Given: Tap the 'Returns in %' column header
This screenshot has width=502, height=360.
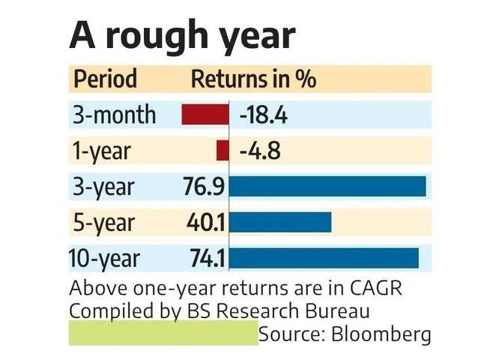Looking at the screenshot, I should [x=253, y=79].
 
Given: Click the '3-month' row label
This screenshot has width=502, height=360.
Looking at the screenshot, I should [x=115, y=115].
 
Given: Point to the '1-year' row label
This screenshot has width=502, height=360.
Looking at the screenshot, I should [x=101, y=151].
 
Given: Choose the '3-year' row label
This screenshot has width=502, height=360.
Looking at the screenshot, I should [x=103, y=187].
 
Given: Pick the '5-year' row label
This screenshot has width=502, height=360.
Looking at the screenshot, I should [x=103, y=222].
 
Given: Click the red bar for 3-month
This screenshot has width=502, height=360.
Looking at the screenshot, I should [x=205, y=115].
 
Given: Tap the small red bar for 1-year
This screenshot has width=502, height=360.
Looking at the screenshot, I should [x=222, y=151].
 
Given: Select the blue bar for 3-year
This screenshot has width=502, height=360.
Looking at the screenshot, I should [x=327, y=186].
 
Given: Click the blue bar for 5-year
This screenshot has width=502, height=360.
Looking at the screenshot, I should [x=280, y=222].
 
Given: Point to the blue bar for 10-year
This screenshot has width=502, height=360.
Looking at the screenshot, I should [x=324, y=258].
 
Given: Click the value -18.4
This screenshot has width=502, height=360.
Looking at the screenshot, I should [x=264, y=115].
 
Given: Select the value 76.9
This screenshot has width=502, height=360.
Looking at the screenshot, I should [x=204, y=187].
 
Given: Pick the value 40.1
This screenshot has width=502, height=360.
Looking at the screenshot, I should [x=205, y=222].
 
